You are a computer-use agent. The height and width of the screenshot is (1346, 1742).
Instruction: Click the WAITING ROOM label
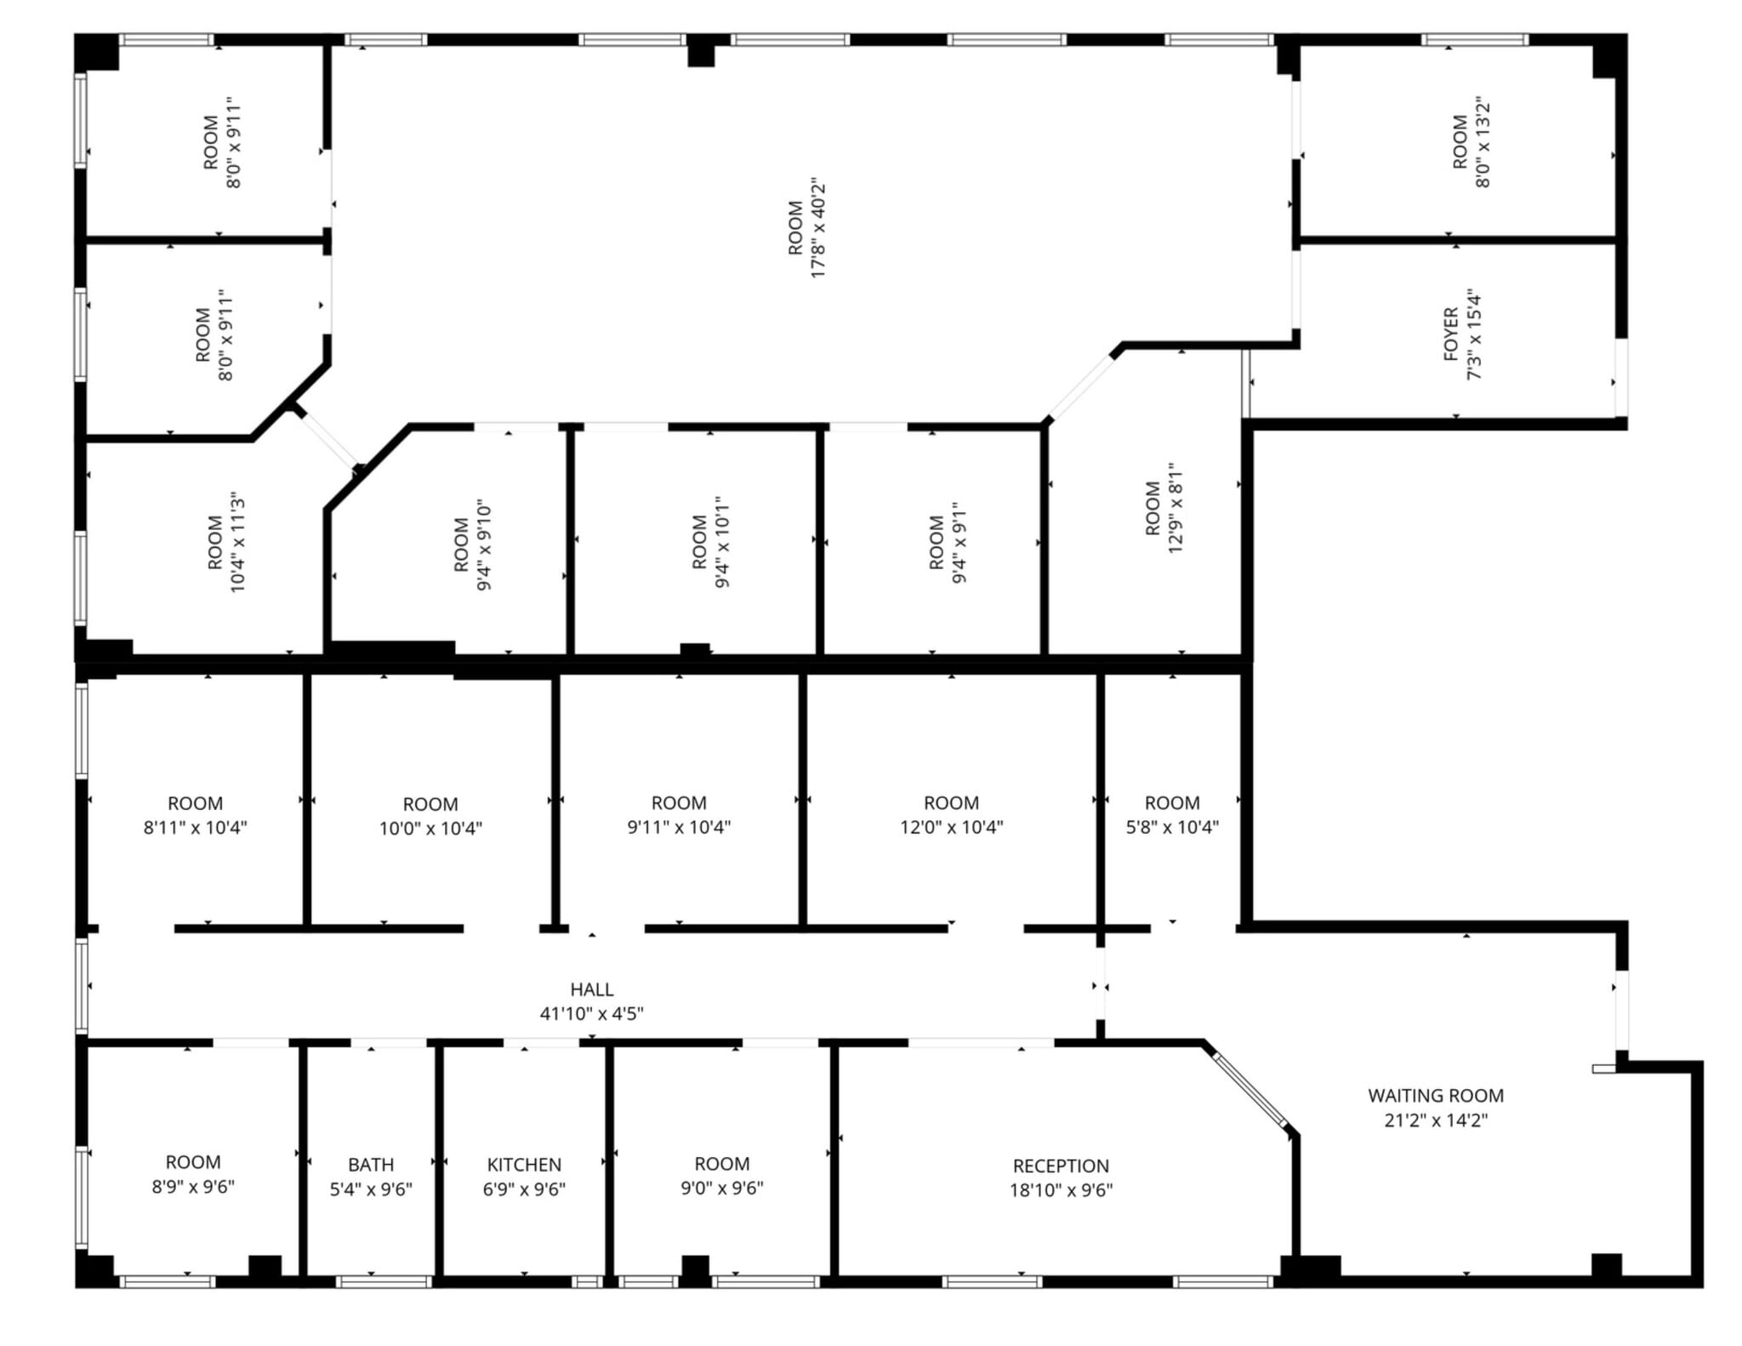[1435, 1095]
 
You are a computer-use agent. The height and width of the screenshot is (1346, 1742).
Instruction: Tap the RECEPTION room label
[1061, 1166]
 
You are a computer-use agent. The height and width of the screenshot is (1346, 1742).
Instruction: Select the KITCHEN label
[524, 1165]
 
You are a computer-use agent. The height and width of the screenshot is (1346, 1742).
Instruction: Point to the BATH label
[371, 1165]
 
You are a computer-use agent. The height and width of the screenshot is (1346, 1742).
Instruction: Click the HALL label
[592, 990]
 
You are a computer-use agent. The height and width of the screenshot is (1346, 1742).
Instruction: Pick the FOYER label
[1451, 334]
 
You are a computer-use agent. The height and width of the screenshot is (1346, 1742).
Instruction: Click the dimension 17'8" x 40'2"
[818, 228]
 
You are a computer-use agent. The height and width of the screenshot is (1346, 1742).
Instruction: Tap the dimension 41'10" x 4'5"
[592, 1013]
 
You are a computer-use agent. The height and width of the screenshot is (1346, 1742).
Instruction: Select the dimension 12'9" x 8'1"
[1176, 508]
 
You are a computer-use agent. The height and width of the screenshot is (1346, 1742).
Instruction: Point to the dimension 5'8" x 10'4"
[1172, 827]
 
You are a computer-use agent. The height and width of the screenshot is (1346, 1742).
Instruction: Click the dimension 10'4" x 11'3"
[237, 542]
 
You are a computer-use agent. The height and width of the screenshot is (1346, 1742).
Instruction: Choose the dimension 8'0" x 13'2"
[1483, 142]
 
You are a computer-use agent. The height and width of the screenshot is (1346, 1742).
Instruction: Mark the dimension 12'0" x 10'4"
[951, 827]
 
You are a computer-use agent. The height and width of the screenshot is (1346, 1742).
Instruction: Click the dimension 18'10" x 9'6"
[1061, 1190]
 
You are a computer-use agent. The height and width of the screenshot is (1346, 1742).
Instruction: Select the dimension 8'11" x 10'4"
[195, 828]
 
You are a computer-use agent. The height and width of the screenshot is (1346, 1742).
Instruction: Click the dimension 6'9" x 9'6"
[524, 1189]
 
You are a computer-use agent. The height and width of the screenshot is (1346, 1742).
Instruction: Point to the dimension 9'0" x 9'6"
[722, 1189]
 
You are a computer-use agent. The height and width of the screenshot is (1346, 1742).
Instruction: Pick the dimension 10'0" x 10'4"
[430, 829]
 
